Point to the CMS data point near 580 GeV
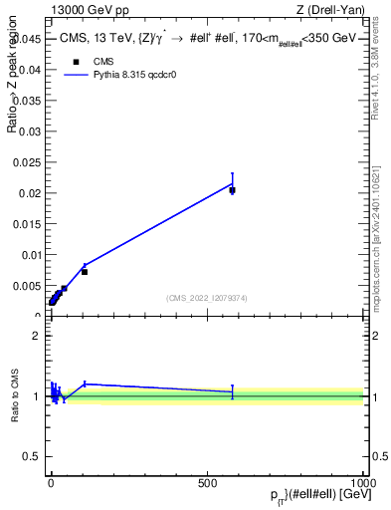[x=232, y=189]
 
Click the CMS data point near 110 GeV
[x=85, y=272]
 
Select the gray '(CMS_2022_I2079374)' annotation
[x=208, y=299]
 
